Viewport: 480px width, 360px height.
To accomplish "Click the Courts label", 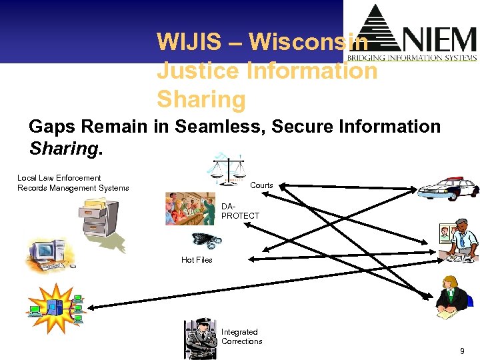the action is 261,185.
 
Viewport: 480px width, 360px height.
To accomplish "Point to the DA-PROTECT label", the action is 240,211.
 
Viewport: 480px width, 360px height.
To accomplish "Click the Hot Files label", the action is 197,260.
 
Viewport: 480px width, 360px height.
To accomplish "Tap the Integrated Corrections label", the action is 242,337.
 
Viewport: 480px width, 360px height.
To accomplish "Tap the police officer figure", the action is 201,339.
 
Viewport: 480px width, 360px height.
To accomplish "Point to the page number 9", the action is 461,351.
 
